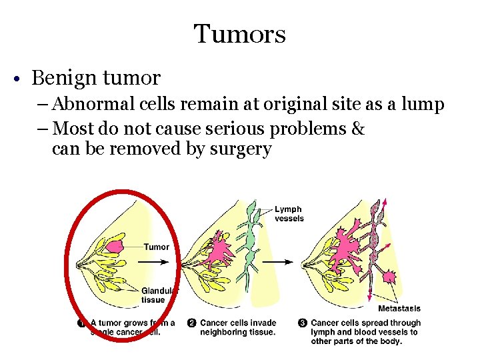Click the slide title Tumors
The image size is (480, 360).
(x=240, y=33)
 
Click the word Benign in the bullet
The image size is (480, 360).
(x=62, y=78)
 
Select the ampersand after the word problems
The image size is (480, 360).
(x=357, y=127)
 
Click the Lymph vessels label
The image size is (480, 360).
(x=289, y=214)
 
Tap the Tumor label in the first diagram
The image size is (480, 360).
(x=157, y=247)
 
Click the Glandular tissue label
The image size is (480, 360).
(x=159, y=295)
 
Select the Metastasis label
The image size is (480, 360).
(x=399, y=309)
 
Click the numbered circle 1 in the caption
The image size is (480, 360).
(x=81, y=323)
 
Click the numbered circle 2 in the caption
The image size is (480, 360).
(x=191, y=323)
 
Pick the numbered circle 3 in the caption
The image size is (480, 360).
(x=302, y=323)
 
